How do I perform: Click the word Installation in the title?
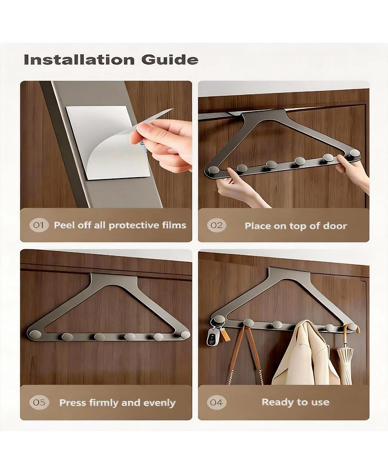79,60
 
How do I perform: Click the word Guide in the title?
170,60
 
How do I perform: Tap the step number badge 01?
39,225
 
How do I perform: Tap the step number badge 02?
216,226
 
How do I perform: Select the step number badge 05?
39,402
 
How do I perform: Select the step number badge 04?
216,402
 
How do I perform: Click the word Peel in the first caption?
64,225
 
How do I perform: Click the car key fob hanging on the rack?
212,337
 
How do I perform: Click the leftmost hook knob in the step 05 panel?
36,334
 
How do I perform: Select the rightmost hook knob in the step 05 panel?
185,335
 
